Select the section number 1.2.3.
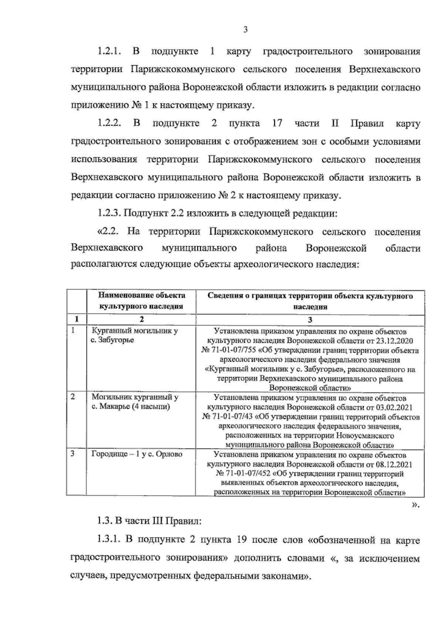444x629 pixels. (x=110, y=213)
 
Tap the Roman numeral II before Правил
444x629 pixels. (x=334, y=123)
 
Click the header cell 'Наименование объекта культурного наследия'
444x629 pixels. (x=141, y=301)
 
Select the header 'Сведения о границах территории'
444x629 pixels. (x=310, y=296)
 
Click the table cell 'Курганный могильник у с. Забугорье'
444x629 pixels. (x=135, y=335)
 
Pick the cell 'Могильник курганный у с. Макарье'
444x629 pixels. (x=135, y=402)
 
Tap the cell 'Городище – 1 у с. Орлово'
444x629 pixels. (x=137, y=454)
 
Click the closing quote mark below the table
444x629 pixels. (x=416, y=504)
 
